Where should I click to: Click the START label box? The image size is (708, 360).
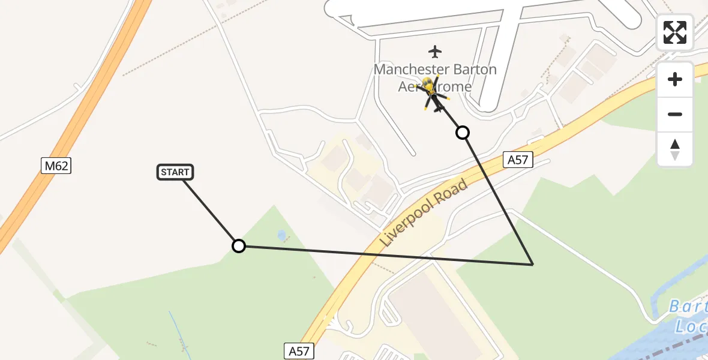(x=175, y=172)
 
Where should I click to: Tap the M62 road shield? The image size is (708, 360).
(x=56, y=166)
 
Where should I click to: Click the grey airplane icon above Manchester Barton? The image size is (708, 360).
(x=435, y=52)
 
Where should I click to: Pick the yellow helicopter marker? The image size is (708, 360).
(x=430, y=90)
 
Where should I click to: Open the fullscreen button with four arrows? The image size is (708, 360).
(x=675, y=32)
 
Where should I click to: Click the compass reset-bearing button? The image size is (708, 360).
(x=675, y=149)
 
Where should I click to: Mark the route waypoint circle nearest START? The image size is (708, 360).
(x=239, y=245)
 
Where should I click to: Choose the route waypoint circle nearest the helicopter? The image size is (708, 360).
(x=463, y=133)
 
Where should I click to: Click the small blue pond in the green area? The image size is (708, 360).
(x=282, y=236)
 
